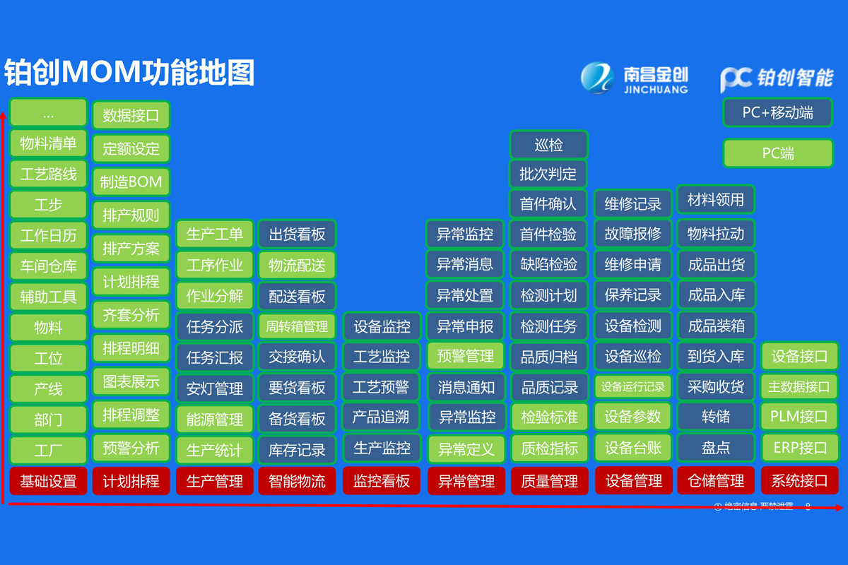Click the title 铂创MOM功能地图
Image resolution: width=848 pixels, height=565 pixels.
coord(129,72)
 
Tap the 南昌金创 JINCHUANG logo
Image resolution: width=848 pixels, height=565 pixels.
coord(634,78)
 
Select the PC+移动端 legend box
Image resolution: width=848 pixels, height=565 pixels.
coord(777,112)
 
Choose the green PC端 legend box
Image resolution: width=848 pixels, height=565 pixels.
coord(777,153)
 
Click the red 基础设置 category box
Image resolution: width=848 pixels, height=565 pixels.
coord(48,481)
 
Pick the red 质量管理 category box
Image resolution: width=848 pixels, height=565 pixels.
coord(549,481)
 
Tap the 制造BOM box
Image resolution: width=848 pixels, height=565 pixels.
coord(131,182)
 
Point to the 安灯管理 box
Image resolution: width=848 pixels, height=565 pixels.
coord(214,388)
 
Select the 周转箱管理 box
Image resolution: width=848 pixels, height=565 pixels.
coord(297,326)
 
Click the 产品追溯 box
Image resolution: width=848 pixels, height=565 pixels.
coord(381,417)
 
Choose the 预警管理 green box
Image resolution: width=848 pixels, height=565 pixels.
coord(465,356)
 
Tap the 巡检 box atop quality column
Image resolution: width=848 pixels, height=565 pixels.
coord(548,145)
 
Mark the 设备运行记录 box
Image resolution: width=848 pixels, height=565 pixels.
coord(633,387)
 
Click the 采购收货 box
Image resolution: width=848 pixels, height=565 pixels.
coord(716,387)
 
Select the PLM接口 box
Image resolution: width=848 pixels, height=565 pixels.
coord(799,417)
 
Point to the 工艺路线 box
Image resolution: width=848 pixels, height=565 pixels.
coord(48,174)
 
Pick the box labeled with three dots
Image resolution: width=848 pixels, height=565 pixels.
coord(48,114)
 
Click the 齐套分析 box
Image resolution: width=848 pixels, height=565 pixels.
coord(131,315)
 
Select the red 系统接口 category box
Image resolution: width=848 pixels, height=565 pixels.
coord(799,481)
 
